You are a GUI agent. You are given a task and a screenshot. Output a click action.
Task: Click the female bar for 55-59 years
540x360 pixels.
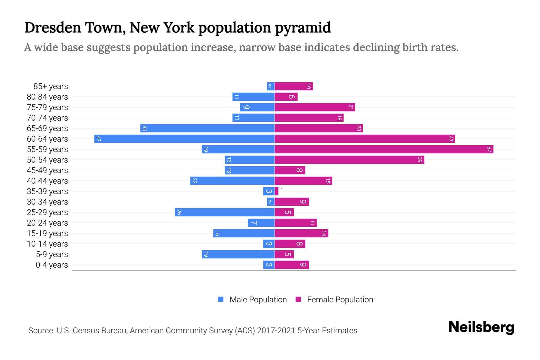pyautogui.click(x=384, y=149)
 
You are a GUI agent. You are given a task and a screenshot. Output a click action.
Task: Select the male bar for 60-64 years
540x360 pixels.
pyautogui.click(x=184, y=139)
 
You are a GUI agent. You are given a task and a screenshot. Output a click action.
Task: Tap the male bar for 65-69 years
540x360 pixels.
pyautogui.click(x=207, y=128)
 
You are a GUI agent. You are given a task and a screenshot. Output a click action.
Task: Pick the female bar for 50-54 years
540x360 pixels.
pyautogui.click(x=349, y=160)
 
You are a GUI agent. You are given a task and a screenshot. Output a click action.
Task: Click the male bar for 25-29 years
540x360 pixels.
pyautogui.click(x=225, y=212)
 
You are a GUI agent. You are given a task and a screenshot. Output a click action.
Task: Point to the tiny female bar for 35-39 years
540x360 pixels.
pyautogui.click(x=277, y=191)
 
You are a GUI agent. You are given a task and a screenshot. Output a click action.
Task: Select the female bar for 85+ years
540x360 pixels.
pyautogui.click(x=294, y=86)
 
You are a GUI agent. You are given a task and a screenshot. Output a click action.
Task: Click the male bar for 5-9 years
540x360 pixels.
pyautogui.click(x=238, y=254)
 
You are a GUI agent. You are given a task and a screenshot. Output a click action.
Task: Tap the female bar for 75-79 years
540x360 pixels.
pyautogui.click(x=315, y=107)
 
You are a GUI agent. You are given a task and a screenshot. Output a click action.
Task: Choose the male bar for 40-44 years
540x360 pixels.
pyautogui.click(x=232, y=181)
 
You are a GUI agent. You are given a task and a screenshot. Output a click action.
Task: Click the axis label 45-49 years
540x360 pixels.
pyautogui.click(x=47, y=170)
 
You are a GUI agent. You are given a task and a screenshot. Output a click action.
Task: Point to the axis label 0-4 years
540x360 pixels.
pyautogui.click(x=52, y=265)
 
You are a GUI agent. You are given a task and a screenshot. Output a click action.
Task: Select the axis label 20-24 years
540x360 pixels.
pyautogui.click(x=47, y=223)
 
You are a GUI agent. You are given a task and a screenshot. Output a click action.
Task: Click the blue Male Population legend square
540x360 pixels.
pyautogui.click(x=221, y=299)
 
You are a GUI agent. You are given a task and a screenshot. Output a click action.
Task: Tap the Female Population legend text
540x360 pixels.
pyautogui.click(x=340, y=299)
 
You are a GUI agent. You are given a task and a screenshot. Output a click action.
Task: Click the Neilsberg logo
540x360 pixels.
pyautogui.click(x=481, y=327)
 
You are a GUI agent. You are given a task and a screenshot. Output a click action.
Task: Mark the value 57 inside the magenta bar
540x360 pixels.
pyautogui.click(x=489, y=149)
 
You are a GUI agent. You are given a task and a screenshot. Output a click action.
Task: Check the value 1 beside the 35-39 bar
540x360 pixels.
pyautogui.click(x=282, y=191)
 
